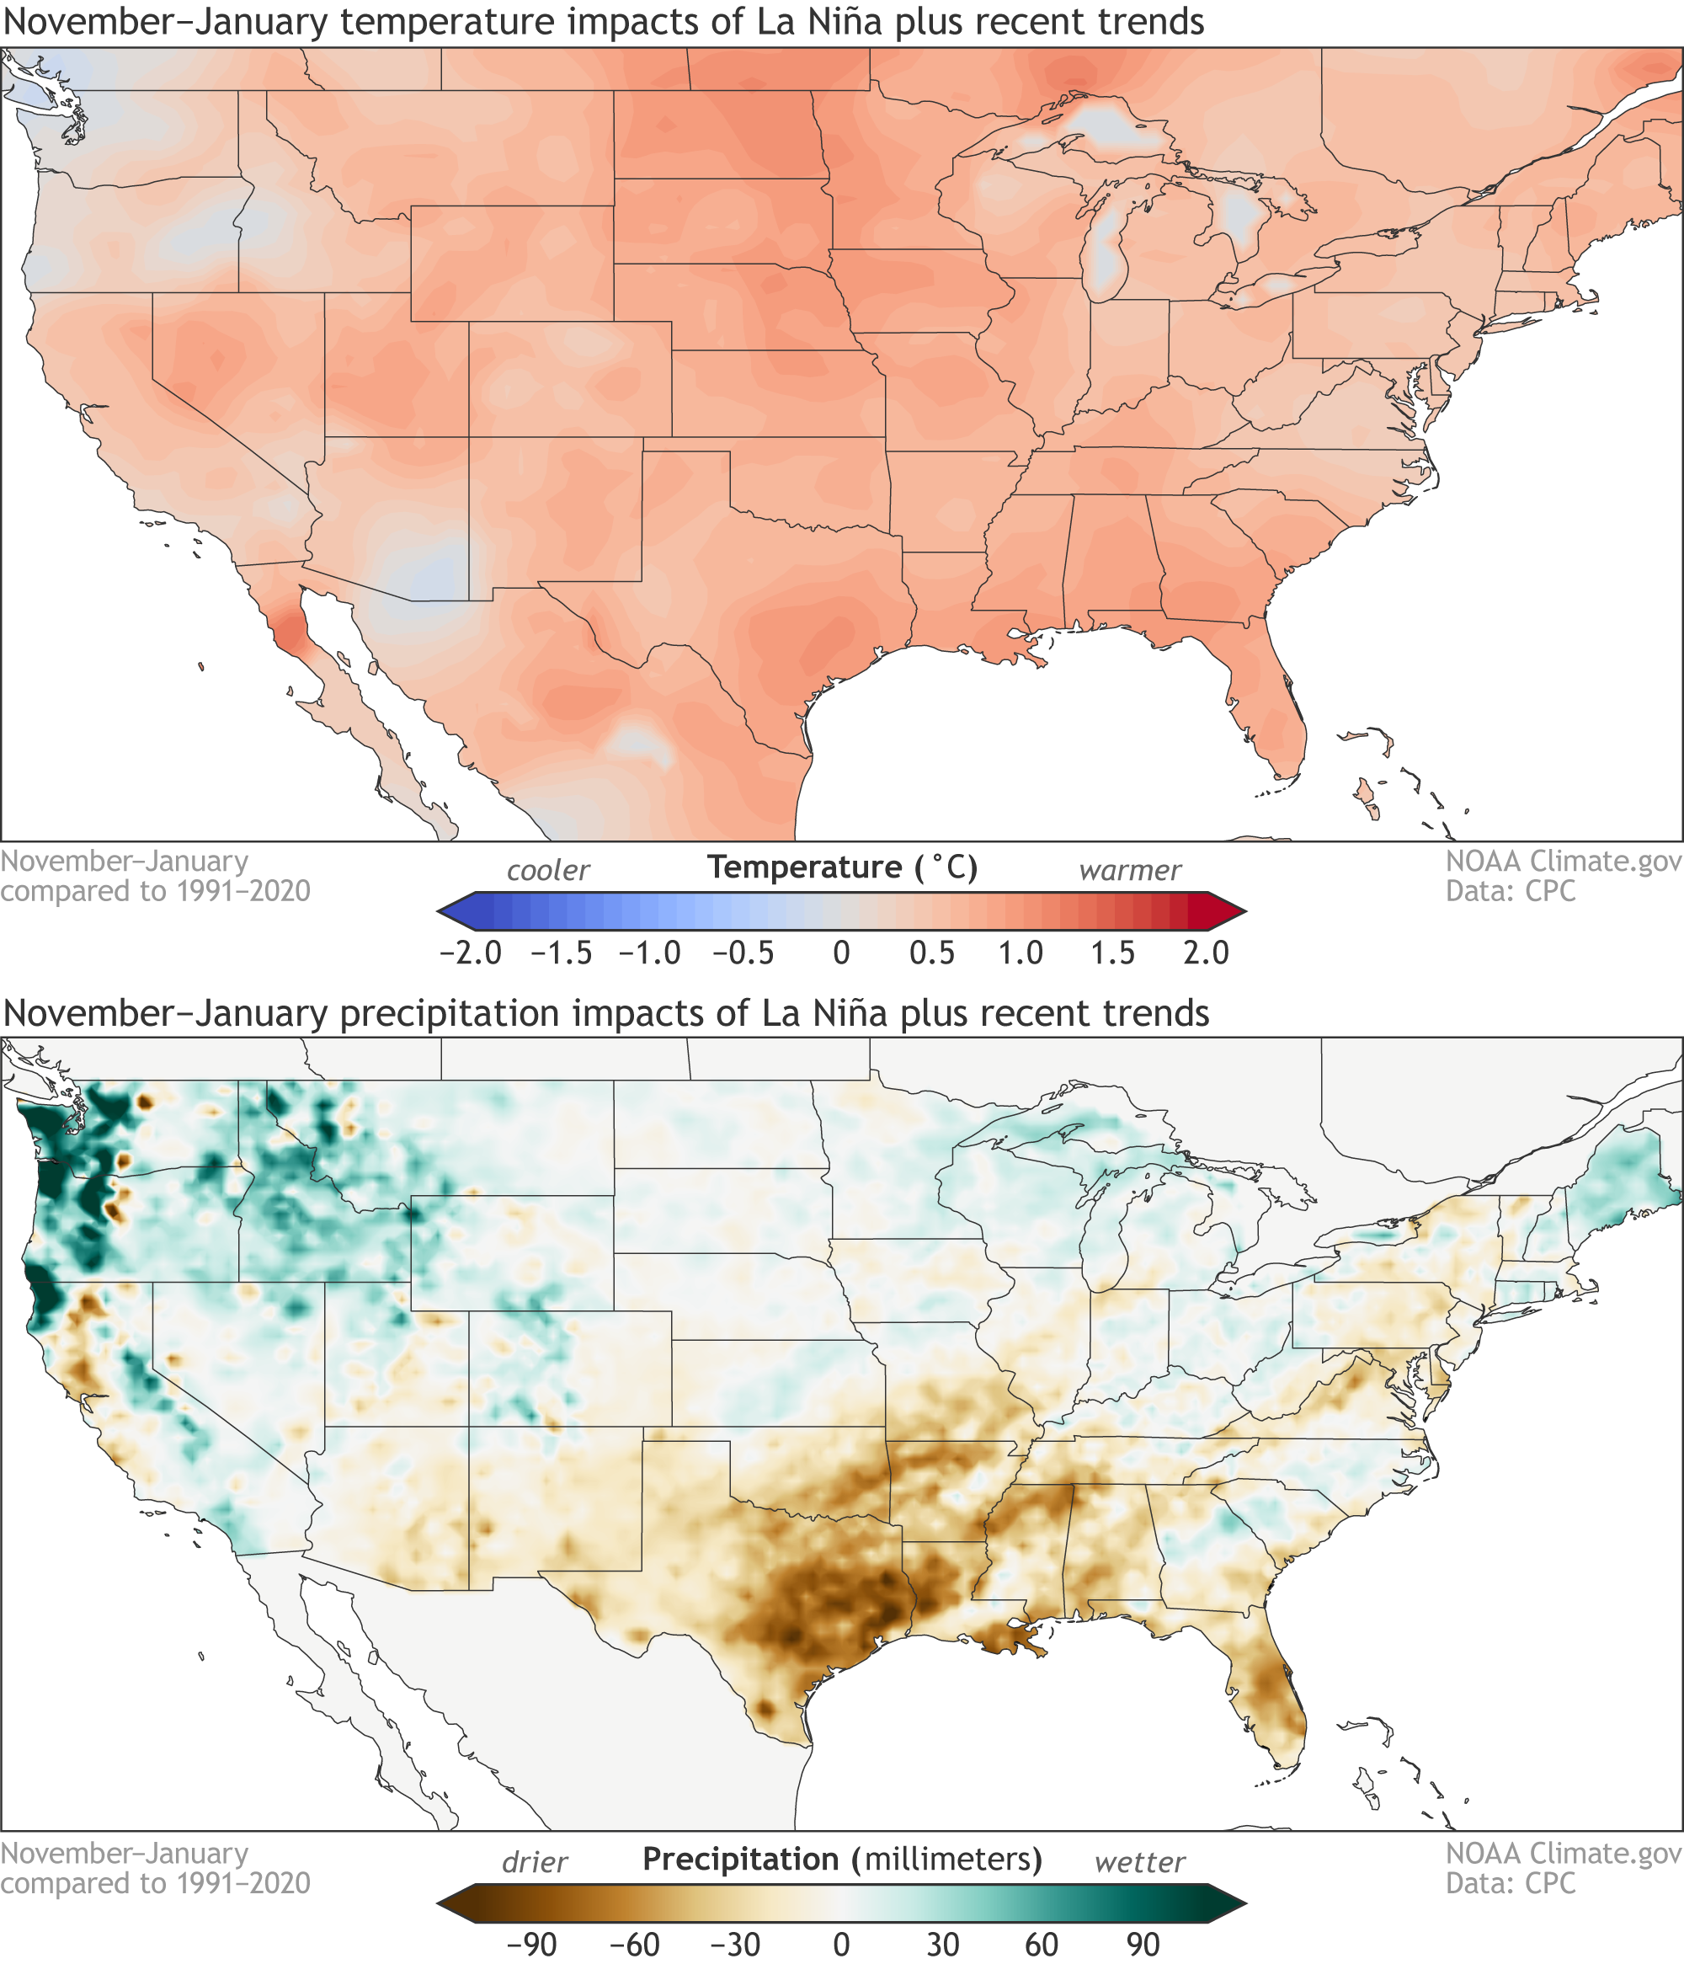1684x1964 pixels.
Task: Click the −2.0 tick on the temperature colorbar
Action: click(471, 953)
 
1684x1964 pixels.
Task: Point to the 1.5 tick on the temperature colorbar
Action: click(1112, 953)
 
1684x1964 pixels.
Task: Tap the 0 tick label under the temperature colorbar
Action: click(840, 953)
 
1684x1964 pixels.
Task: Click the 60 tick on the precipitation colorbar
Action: click(1042, 1945)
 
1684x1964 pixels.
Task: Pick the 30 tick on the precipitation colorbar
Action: click(942, 1945)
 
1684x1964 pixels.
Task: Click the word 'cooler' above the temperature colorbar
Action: click(548, 870)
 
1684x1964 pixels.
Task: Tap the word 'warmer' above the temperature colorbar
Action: click(1130, 870)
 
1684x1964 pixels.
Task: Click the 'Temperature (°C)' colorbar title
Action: click(841, 867)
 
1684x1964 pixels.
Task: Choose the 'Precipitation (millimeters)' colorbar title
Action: click(841, 1860)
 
